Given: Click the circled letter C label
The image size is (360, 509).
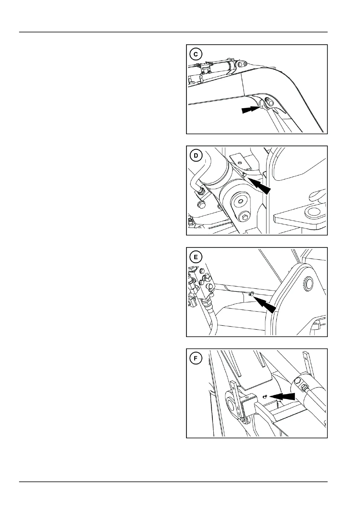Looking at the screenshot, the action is click(196, 54).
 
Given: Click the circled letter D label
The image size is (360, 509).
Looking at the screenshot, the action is click(196, 156).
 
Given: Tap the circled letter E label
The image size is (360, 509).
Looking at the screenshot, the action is click(196, 257).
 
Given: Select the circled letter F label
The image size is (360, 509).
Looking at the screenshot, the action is click(196, 358).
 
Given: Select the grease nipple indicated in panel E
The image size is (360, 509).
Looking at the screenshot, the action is click(250, 294).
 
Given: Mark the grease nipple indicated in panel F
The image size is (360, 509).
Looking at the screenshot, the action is click(265, 397).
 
